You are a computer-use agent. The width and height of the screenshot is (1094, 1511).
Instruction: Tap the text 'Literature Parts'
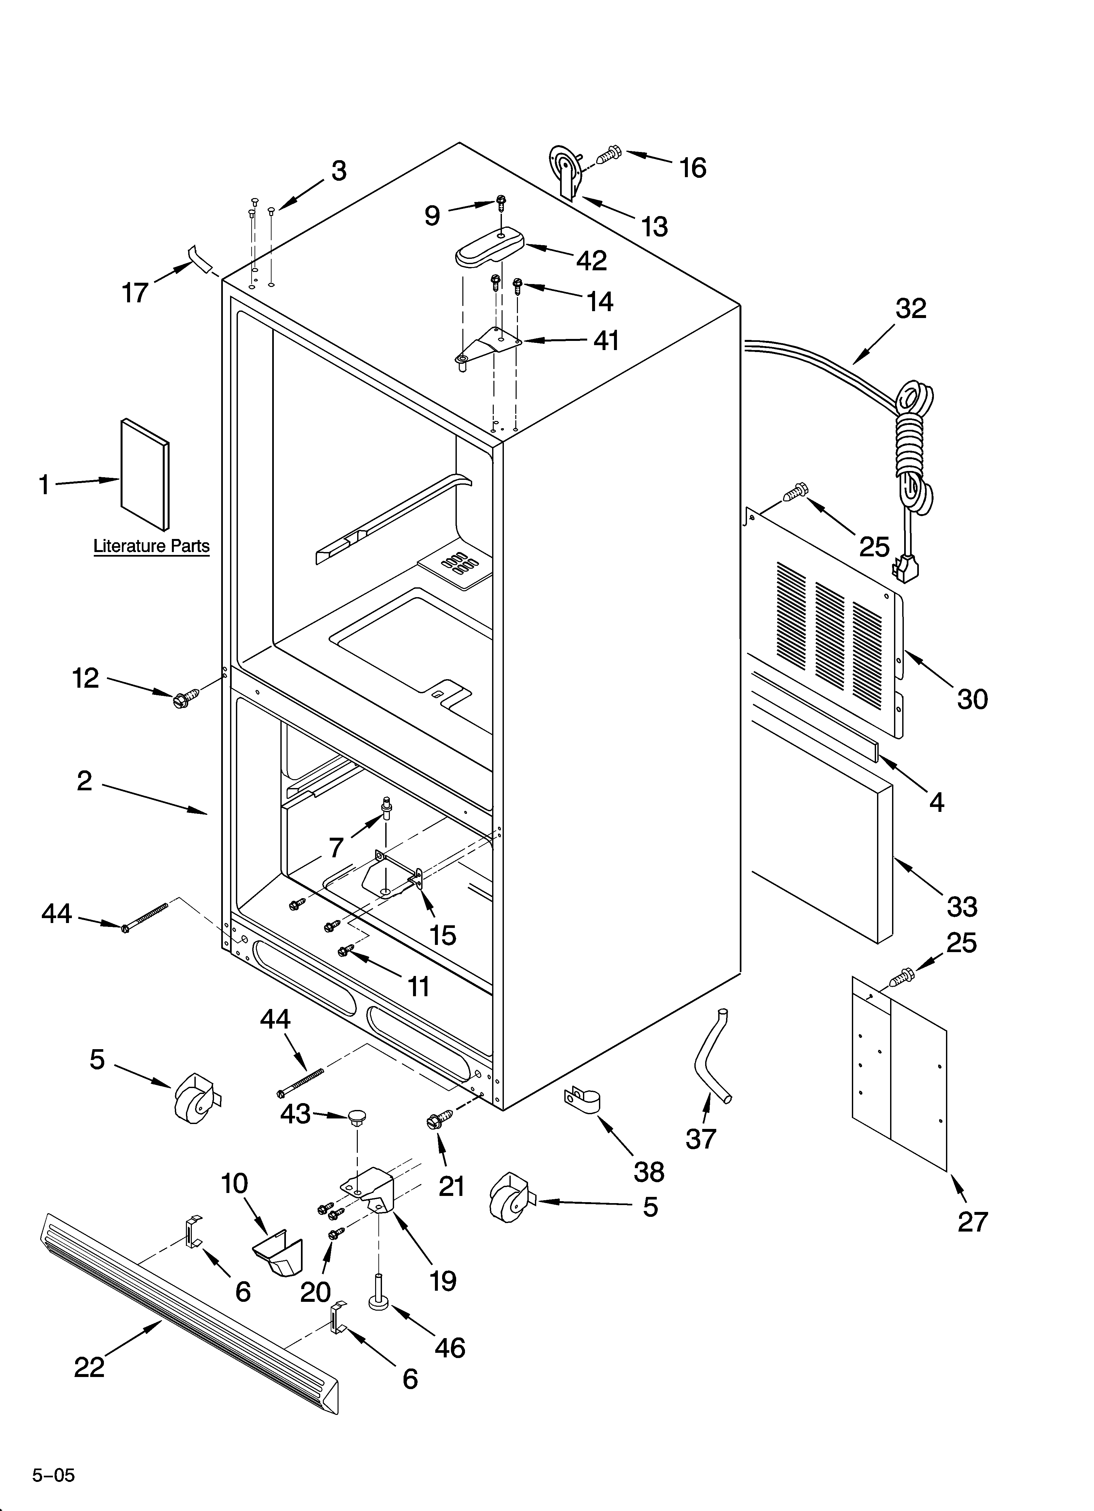151,546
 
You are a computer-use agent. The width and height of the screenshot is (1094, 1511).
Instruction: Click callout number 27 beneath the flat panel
973,1222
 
